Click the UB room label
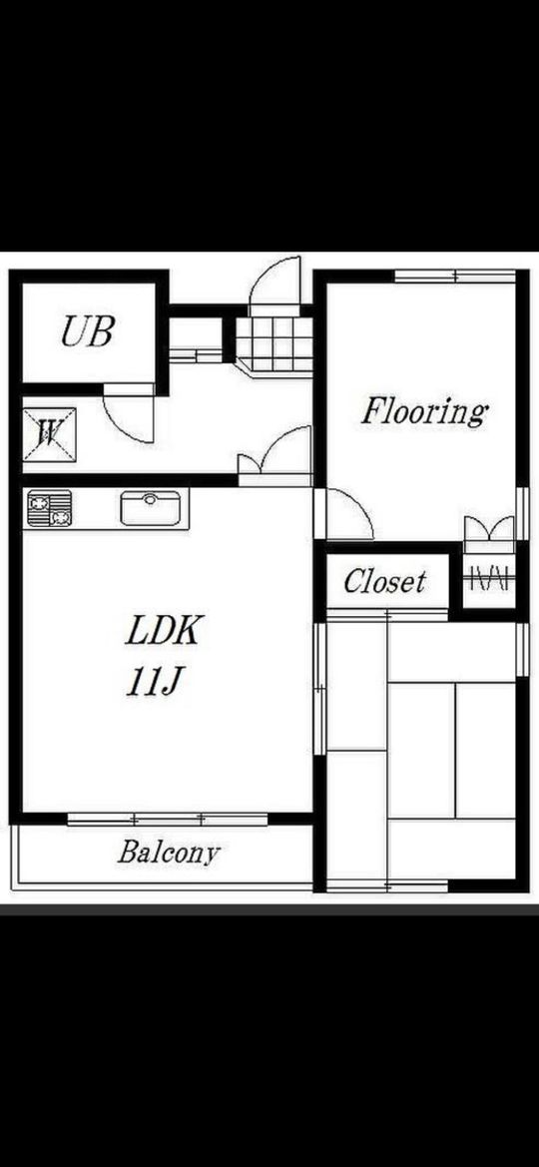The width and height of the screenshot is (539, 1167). coord(87,332)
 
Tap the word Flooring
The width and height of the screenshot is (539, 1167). coord(423,411)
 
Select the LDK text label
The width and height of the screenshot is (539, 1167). coord(164,630)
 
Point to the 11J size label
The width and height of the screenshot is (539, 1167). coord(155,681)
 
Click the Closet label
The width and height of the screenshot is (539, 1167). coord(385,581)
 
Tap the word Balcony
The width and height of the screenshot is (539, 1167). coord(169,853)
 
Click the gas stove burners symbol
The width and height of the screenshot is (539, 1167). coord(49,508)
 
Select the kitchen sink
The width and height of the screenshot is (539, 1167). coord(151,507)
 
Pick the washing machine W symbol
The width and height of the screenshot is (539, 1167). coord(49,434)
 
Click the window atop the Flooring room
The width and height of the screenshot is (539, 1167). coord(455,277)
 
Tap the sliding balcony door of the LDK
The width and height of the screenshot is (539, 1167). coord(168,820)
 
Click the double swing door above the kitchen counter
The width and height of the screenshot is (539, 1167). coord(274,454)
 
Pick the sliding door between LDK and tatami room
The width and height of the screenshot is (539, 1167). coord(319,689)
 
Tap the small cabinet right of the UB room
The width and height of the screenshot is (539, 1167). coord(196,339)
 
